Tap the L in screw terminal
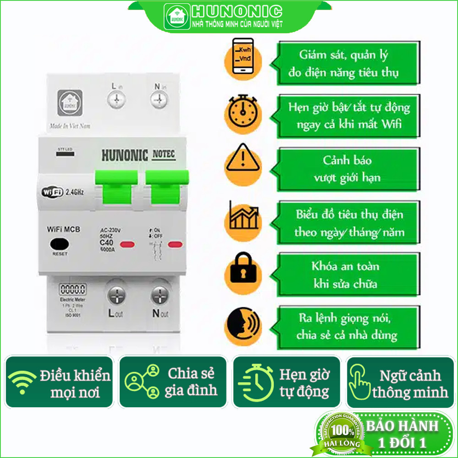click(x=116, y=98)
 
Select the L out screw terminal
click(x=116, y=295)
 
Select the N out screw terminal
click(x=160, y=295)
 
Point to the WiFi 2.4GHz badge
click(x=63, y=191)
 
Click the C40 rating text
click(x=107, y=242)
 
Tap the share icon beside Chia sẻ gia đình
click(x=142, y=381)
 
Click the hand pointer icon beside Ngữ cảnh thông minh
click(x=360, y=381)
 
